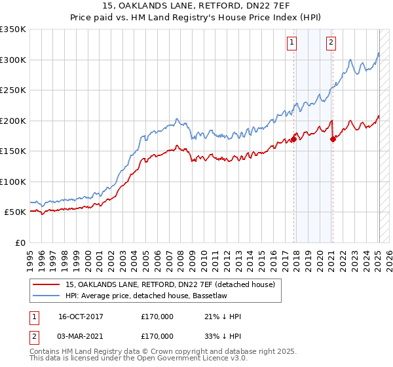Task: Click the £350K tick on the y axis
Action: [x=13, y=29]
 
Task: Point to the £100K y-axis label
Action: [x=13, y=182]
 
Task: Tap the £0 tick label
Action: [x=20, y=242]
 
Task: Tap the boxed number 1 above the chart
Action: [x=291, y=43]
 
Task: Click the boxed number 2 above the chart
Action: [x=331, y=43]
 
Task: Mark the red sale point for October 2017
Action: [x=294, y=139]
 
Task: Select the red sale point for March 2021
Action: [x=333, y=139]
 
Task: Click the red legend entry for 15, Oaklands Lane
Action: [x=174, y=284]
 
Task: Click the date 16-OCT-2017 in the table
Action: [x=81, y=317]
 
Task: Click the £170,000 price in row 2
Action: [x=157, y=336]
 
